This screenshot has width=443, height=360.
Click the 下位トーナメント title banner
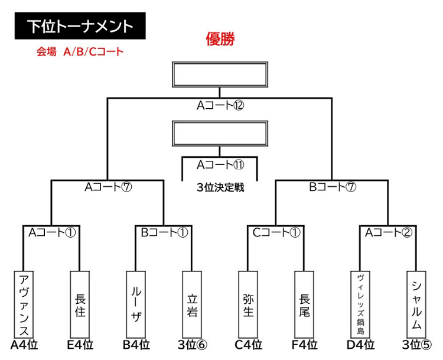(x=80, y=26)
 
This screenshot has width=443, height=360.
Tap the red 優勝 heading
(x=220, y=39)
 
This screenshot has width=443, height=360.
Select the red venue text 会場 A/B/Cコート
(x=80, y=52)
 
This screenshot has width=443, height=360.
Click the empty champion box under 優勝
(x=220, y=74)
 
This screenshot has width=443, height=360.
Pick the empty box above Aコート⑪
(x=220, y=134)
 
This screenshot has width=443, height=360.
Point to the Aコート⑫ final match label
(x=220, y=106)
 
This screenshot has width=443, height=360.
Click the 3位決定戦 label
(x=220, y=187)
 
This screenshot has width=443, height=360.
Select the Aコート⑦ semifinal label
(x=108, y=187)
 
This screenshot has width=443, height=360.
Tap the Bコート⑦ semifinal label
(x=333, y=187)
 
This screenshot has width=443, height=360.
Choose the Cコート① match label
(x=276, y=233)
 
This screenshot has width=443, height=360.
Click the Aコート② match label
(x=389, y=233)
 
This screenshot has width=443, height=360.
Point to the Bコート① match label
(x=164, y=233)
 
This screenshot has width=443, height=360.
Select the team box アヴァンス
(x=24, y=304)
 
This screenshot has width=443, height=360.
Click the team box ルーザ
(x=136, y=304)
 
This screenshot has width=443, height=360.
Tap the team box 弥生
(x=248, y=304)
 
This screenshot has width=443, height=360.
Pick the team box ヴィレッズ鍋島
(x=360, y=304)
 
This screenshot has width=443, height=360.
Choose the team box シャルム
(x=416, y=304)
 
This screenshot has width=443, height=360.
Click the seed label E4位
(x=80, y=345)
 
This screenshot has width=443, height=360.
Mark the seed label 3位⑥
(x=193, y=345)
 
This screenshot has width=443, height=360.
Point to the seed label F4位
(x=305, y=345)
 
